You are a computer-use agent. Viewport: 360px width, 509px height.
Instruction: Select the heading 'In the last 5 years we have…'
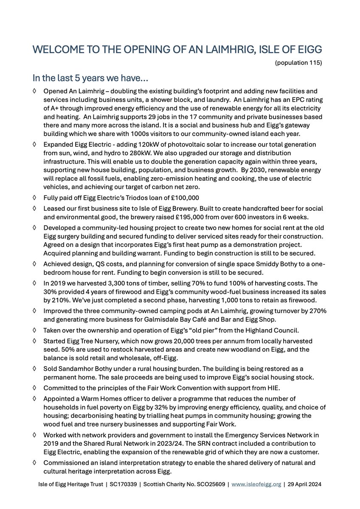(x=88, y=79)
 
